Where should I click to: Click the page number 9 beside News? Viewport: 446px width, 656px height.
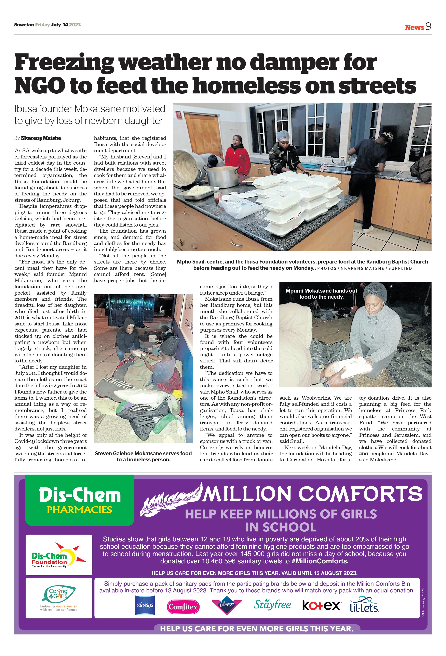(x=428, y=27)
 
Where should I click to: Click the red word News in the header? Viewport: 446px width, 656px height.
(x=414, y=27)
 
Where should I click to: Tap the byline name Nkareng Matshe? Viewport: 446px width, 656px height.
(x=41, y=138)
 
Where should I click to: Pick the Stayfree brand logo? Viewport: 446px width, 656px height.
(x=272, y=605)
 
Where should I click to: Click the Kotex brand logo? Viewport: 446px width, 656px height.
(x=321, y=605)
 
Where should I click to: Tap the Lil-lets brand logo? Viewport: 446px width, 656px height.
(x=364, y=605)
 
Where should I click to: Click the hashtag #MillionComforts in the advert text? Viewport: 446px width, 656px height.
(x=320, y=561)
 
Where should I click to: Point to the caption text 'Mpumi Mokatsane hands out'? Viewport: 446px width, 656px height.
(x=321, y=291)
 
